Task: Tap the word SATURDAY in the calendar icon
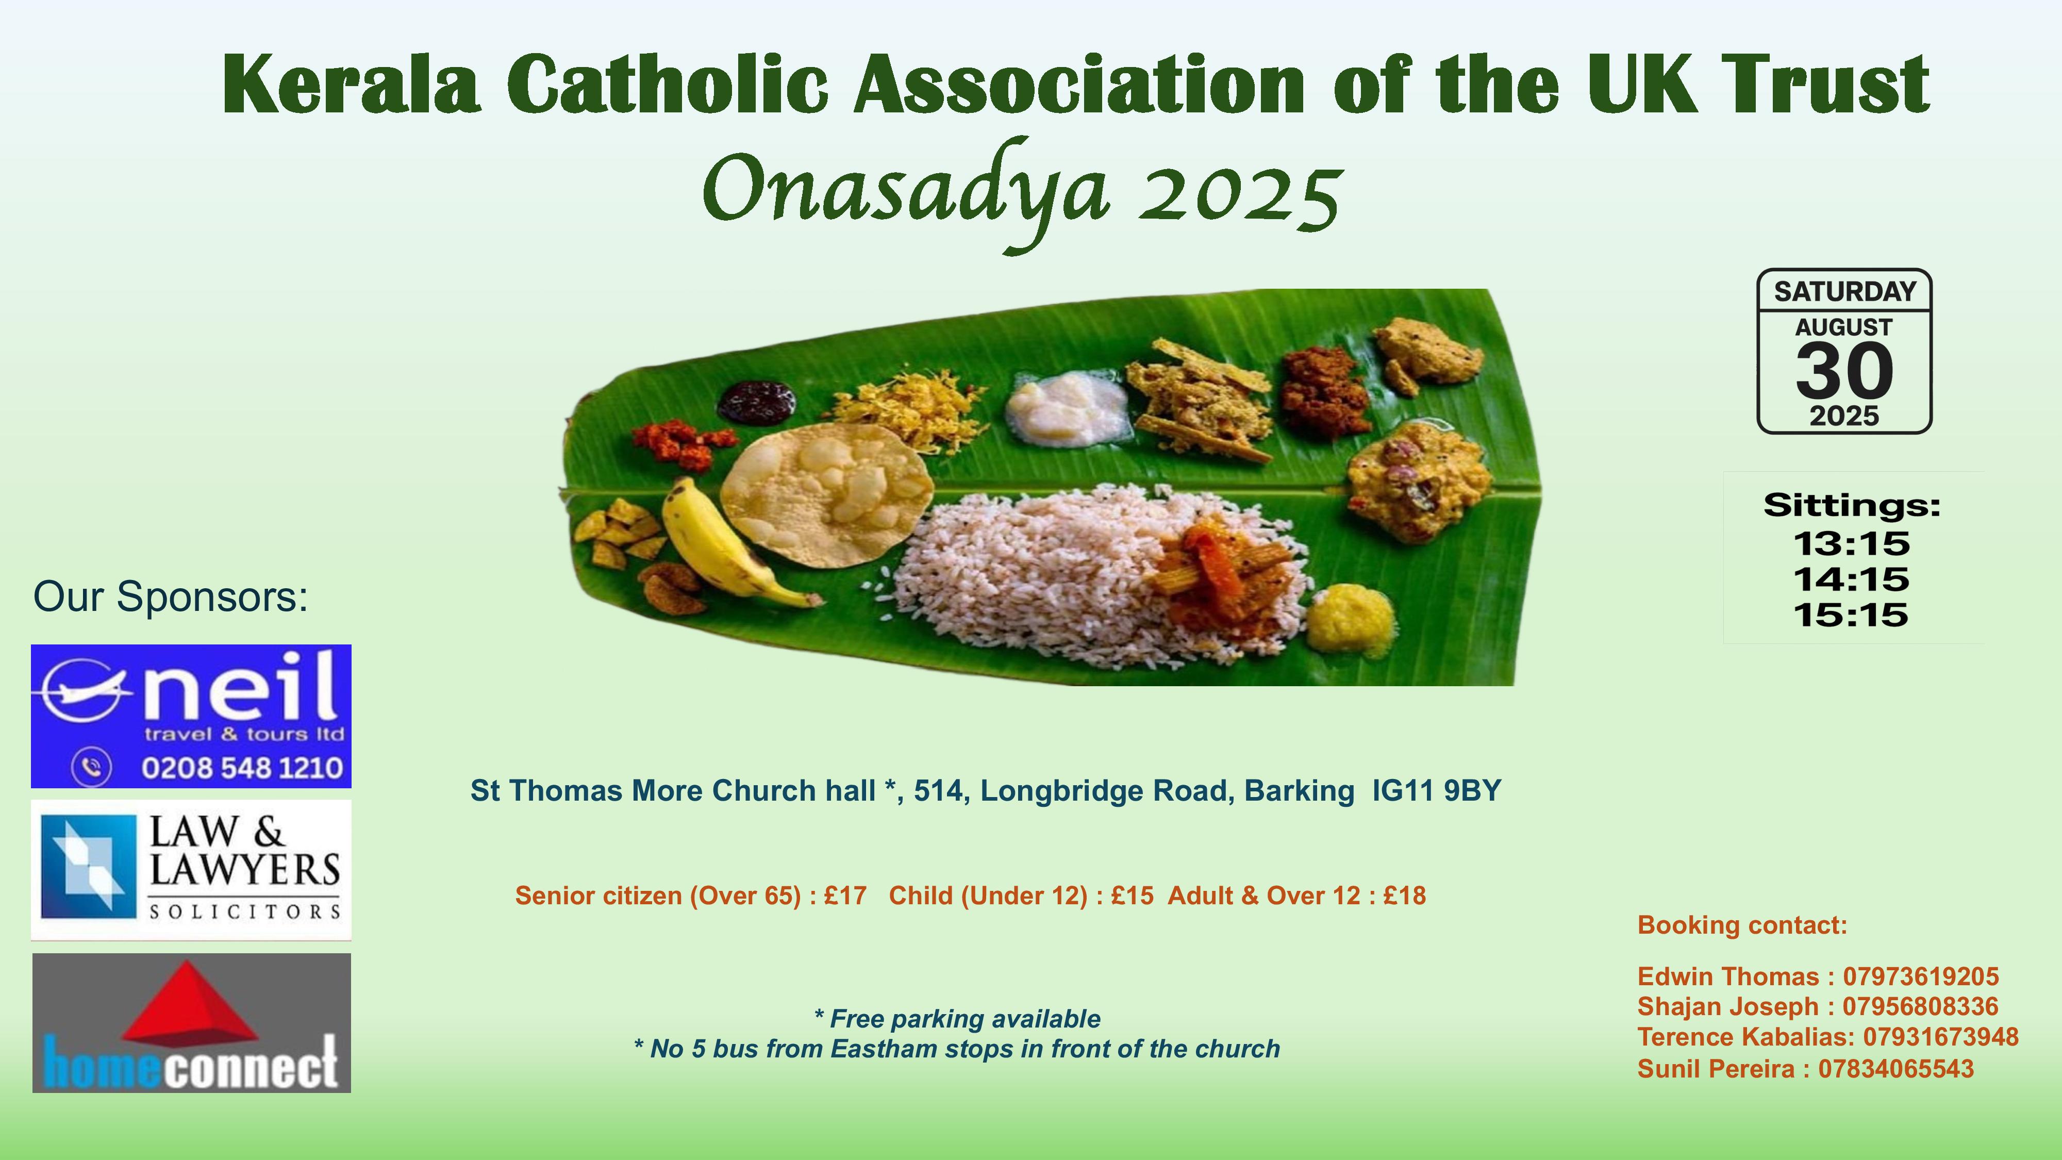1845,291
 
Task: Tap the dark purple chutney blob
756,400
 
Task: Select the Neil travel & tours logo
191,716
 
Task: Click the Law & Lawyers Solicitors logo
191,869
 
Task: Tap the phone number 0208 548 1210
242,769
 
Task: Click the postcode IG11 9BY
1437,791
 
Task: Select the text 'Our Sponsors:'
171,597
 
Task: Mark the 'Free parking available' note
957,1019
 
